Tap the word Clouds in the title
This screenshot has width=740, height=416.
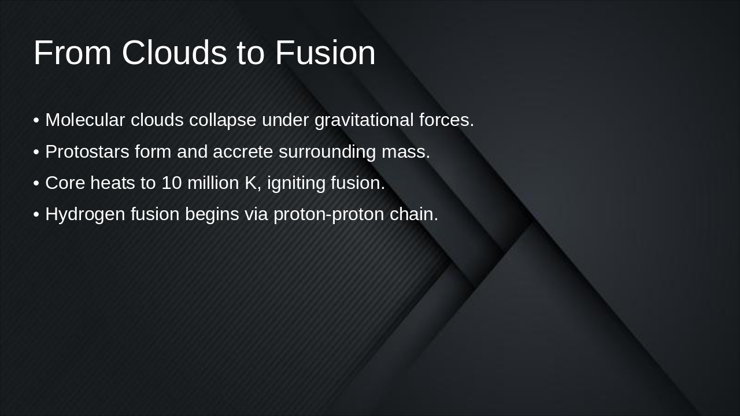pyautogui.click(x=175, y=53)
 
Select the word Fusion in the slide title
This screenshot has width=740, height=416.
pyautogui.click(x=325, y=53)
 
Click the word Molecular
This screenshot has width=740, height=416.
pyautogui.click(x=85, y=120)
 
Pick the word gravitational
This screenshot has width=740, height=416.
pyautogui.click(x=364, y=120)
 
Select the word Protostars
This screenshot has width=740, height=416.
pyautogui.click(x=87, y=152)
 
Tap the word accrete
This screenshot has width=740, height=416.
pyautogui.click(x=243, y=152)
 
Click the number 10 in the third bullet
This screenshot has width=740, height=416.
pyautogui.click(x=171, y=183)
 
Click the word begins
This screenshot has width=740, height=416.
pyautogui.click(x=212, y=214)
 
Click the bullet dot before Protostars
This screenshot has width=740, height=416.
pyautogui.click(x=36, y=152)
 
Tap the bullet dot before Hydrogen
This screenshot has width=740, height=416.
pyautogui.click(x=36, y=214)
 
